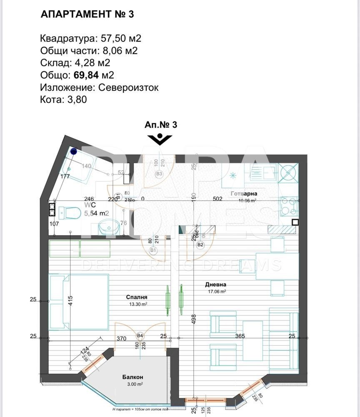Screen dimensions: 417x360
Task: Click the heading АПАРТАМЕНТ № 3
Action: click(87, 14)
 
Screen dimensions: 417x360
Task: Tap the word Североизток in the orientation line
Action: click(128, 88)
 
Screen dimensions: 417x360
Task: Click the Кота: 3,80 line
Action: click(63, 100)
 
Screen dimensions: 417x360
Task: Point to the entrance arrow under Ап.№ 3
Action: click(160, 139)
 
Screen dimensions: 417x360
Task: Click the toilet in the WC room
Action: click(69, 213)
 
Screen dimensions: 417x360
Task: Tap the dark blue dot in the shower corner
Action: click(73, 151)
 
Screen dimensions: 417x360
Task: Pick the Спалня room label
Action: click(137, 297)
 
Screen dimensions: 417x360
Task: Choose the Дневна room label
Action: click(215, 285)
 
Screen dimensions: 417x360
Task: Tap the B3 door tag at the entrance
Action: click(158, 174)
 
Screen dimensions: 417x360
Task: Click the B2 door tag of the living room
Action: click(200, 244)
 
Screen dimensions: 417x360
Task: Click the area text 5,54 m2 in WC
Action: click(97, 213)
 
